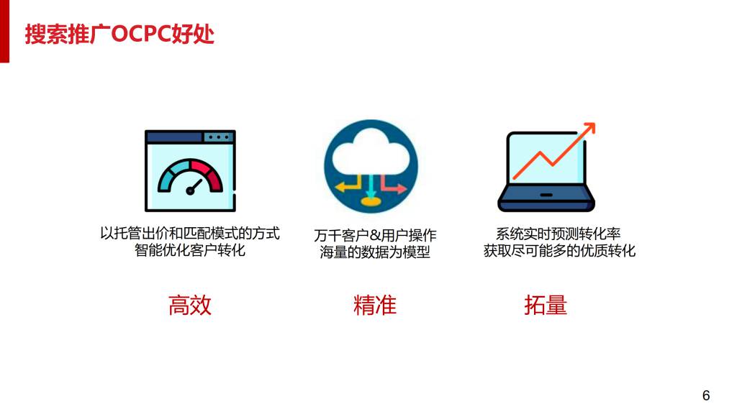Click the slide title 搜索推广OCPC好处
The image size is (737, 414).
(x=119, y=34)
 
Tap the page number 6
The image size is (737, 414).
(x=705, y=396)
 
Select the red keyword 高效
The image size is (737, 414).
(x=190, y=305)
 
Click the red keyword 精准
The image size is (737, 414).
(x=374, y=305)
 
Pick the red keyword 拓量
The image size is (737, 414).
(x=546, y=305)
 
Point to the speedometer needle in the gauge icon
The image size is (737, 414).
(x=194, y=187)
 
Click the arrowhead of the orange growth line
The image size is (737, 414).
(x=590, y=128)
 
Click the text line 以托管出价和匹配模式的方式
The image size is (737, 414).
(x=190, y=234)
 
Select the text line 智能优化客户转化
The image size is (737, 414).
(x=190, y=250)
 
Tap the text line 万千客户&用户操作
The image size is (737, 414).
(x=375, y=235)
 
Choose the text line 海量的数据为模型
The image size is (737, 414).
(x=375, y=252)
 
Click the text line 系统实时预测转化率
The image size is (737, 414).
(x=559, y=234)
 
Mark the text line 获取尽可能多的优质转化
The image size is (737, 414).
(x=559, y=251)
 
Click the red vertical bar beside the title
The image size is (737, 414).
(x=5, y=31)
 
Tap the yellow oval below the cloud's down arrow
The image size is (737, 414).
(x=371, y=202)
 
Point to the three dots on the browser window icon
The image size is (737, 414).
(x=219, y=137)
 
